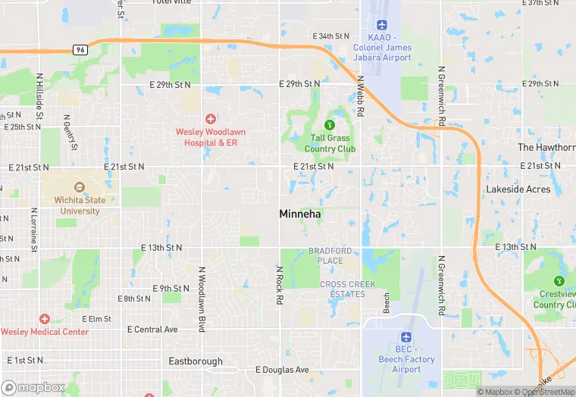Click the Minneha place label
(x=300, y=214)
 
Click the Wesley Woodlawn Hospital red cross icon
(x=210, y=119)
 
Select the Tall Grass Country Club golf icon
(x=329, y=125)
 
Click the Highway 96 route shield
(x=80, y=49)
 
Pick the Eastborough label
(x=196, y=361)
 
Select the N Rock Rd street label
(x=280, y=285)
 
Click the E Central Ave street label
(x=152, y=330)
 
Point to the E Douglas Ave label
(x=282, y=370)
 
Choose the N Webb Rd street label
(x=361, y=95)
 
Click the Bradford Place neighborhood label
(x=330, y=255)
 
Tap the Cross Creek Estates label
(x=343, y=289)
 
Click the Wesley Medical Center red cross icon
(x=45, y=319)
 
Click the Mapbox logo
(x=34, y=387)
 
